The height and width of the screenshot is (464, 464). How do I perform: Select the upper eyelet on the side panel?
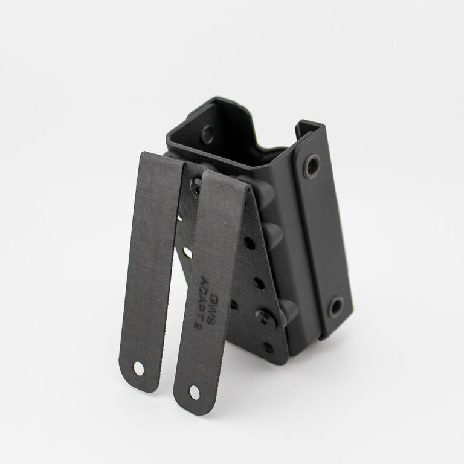(x=312, y=164)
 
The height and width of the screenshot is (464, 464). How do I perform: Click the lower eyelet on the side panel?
(x=335, y=306)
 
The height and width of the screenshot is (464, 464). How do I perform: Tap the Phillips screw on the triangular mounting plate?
(x=266, y=317)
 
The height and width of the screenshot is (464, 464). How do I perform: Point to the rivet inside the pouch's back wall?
(x=207, y=134)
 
